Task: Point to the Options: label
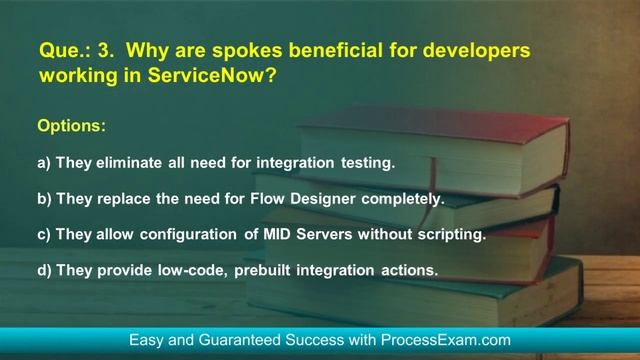point(70,127)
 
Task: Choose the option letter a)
point(44,162)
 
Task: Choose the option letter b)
point(44,199)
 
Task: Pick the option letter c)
point(44,235)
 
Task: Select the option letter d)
point(44,271)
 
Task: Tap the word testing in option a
point(369,162)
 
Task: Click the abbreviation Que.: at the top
point(60,49)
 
